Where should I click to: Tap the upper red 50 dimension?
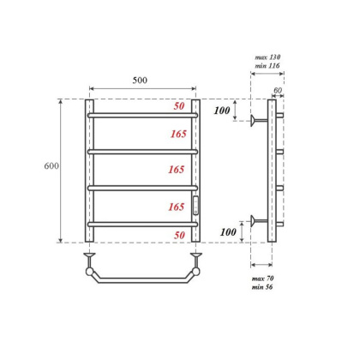[x=179, y=106]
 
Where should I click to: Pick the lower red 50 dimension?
[x=179, y=234]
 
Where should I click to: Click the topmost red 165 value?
[x=178, y=134]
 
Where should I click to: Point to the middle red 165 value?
[x=178, y=170]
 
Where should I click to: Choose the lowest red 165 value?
[x=178, y=207]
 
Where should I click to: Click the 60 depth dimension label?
[x=278, y=88]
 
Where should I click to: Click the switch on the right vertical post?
[x=195, y=203]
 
